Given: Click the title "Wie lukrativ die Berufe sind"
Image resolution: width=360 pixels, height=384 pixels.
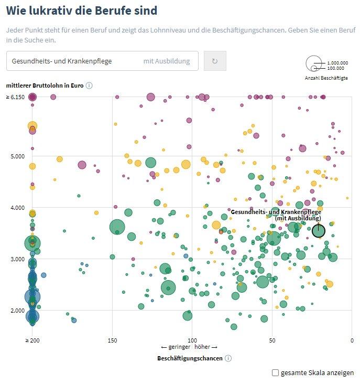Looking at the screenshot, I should click(x=81, y=10).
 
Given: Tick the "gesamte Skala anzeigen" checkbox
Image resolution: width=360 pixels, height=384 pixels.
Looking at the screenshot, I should click(x=276, y=373).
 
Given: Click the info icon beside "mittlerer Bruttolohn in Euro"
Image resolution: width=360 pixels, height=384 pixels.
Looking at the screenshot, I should click(x=89, y=86).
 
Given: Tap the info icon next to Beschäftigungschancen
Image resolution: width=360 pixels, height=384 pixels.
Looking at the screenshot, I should click(x=228, y=359).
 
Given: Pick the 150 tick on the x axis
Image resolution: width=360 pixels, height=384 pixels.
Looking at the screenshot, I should click(x=112, y=340).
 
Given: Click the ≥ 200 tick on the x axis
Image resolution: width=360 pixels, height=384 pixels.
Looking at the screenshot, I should click(x=32, y=340).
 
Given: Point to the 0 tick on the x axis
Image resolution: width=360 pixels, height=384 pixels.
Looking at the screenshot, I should click(x=352, y=340).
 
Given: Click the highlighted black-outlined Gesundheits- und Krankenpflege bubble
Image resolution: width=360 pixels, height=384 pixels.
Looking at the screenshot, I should click(x=318, y=230).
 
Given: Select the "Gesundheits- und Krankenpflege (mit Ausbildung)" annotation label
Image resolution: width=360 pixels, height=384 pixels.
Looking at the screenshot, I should click(x=276, y=215).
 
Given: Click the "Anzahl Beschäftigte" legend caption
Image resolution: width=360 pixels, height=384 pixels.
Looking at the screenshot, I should click(x=326, y=78).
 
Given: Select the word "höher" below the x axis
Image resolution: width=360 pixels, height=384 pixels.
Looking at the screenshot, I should click(x=205, y=347).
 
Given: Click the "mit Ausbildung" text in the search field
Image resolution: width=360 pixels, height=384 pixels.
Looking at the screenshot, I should click(x=166, y=61).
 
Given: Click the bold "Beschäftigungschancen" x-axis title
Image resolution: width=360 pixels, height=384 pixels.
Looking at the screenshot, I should click(x=190, y=359).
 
